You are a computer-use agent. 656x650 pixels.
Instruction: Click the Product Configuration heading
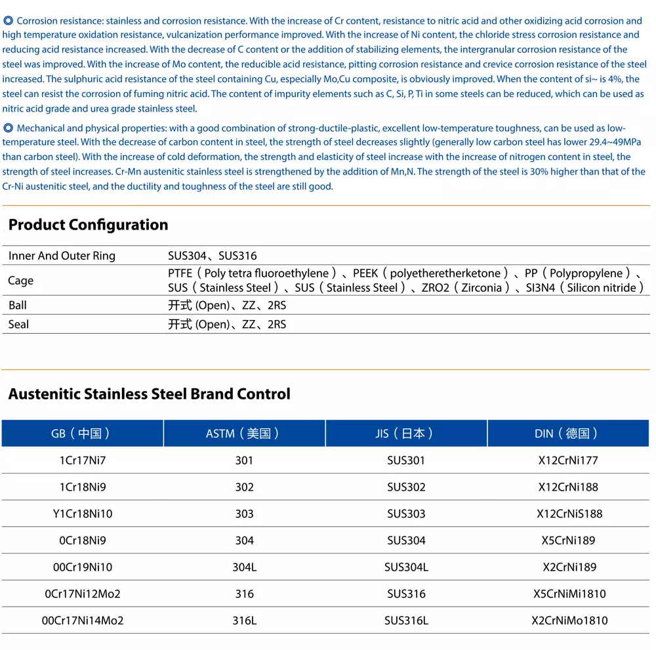(88, 225)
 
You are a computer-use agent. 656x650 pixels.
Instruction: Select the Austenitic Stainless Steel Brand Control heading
(149, 394)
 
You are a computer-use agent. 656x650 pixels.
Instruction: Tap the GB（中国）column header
(82, 434)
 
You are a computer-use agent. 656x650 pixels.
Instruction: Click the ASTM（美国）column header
(244, 434)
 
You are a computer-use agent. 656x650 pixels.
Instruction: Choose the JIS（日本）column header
(406, 434)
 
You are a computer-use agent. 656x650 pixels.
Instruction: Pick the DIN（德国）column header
(568, 434)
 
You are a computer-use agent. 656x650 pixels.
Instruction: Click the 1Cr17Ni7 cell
(82, 460)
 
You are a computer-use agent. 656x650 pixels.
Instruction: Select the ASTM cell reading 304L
(244, 567)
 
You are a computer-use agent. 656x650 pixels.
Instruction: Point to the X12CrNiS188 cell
(568, 514)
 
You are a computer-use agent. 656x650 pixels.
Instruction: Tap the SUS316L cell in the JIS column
(406, 620)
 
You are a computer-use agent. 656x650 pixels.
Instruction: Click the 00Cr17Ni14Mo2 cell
(82, 620)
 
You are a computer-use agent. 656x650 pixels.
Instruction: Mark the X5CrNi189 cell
(568, 540)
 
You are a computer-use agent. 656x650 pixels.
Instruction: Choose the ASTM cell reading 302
(244, 487)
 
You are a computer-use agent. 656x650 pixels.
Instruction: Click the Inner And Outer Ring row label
(62, 256)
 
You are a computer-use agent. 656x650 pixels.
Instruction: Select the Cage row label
(20, 281)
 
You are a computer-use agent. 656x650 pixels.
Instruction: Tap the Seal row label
(18, 325)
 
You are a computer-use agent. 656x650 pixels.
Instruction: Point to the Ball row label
(18, 306)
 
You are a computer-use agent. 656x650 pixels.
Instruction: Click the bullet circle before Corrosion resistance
(8, 21)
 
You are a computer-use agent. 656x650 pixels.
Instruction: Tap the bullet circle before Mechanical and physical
(8, 128)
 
